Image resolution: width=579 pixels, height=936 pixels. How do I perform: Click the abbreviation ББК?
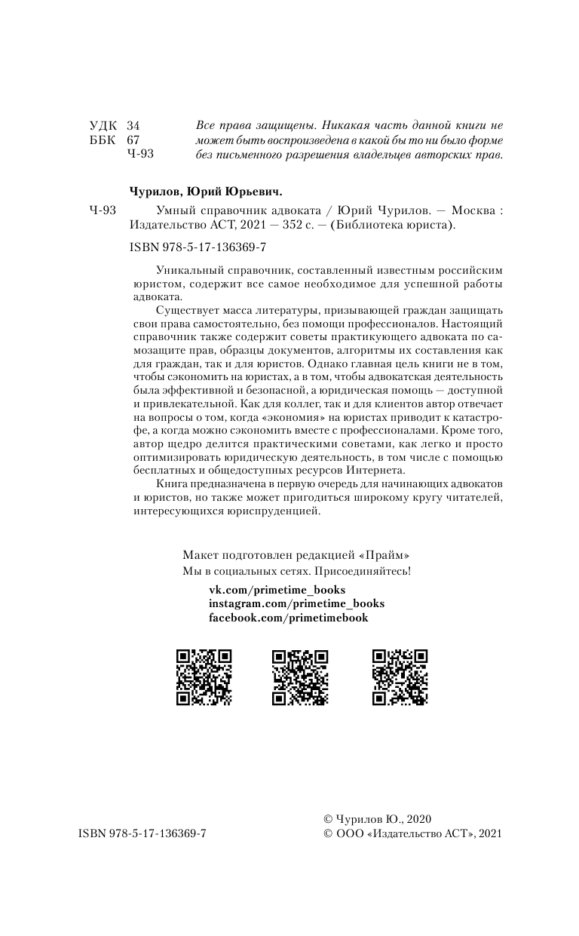click(103, 140)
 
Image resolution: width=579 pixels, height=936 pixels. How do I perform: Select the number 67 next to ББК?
click(133, 140)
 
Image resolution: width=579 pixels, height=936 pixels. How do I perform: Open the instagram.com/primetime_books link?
click(296, 603)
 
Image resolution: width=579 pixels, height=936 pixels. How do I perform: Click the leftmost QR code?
click(204, 677)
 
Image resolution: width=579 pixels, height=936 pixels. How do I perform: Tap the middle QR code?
click(299, 677)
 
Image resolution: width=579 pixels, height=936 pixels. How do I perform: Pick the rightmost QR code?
click(400, 677)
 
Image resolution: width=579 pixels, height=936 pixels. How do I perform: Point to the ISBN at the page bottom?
click(142, 833)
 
